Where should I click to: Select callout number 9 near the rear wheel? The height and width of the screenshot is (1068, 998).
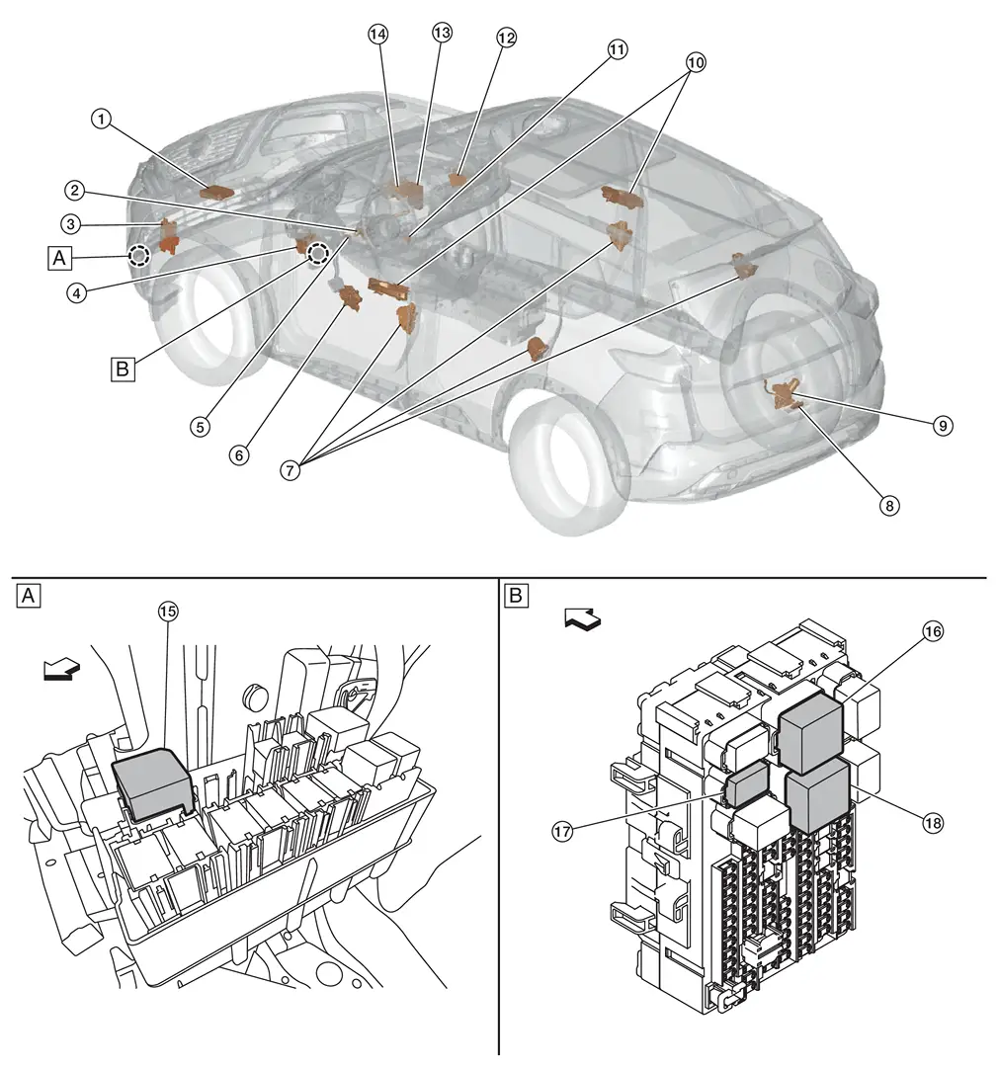tap(943, 425)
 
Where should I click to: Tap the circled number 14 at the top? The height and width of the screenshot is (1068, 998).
tap(376, 33)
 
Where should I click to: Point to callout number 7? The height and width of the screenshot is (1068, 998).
tap(290, 470)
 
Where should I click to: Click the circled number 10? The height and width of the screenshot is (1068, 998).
tap(696, 61)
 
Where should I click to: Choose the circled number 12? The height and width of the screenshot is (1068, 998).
tap(506, 37)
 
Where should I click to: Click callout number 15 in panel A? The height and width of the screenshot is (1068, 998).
tap(168, 612)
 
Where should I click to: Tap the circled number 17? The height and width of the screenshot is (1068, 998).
tap(562, 832)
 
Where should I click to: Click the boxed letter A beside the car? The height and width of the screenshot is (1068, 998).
tap(60, 258)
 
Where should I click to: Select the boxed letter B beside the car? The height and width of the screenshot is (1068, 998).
tap(122, 370)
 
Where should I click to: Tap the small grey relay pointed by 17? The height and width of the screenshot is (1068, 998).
tap(747, 784)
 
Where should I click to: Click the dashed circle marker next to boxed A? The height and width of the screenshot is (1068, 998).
tap(139, 257)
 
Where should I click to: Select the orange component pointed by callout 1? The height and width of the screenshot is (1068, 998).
tap(215, 192)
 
